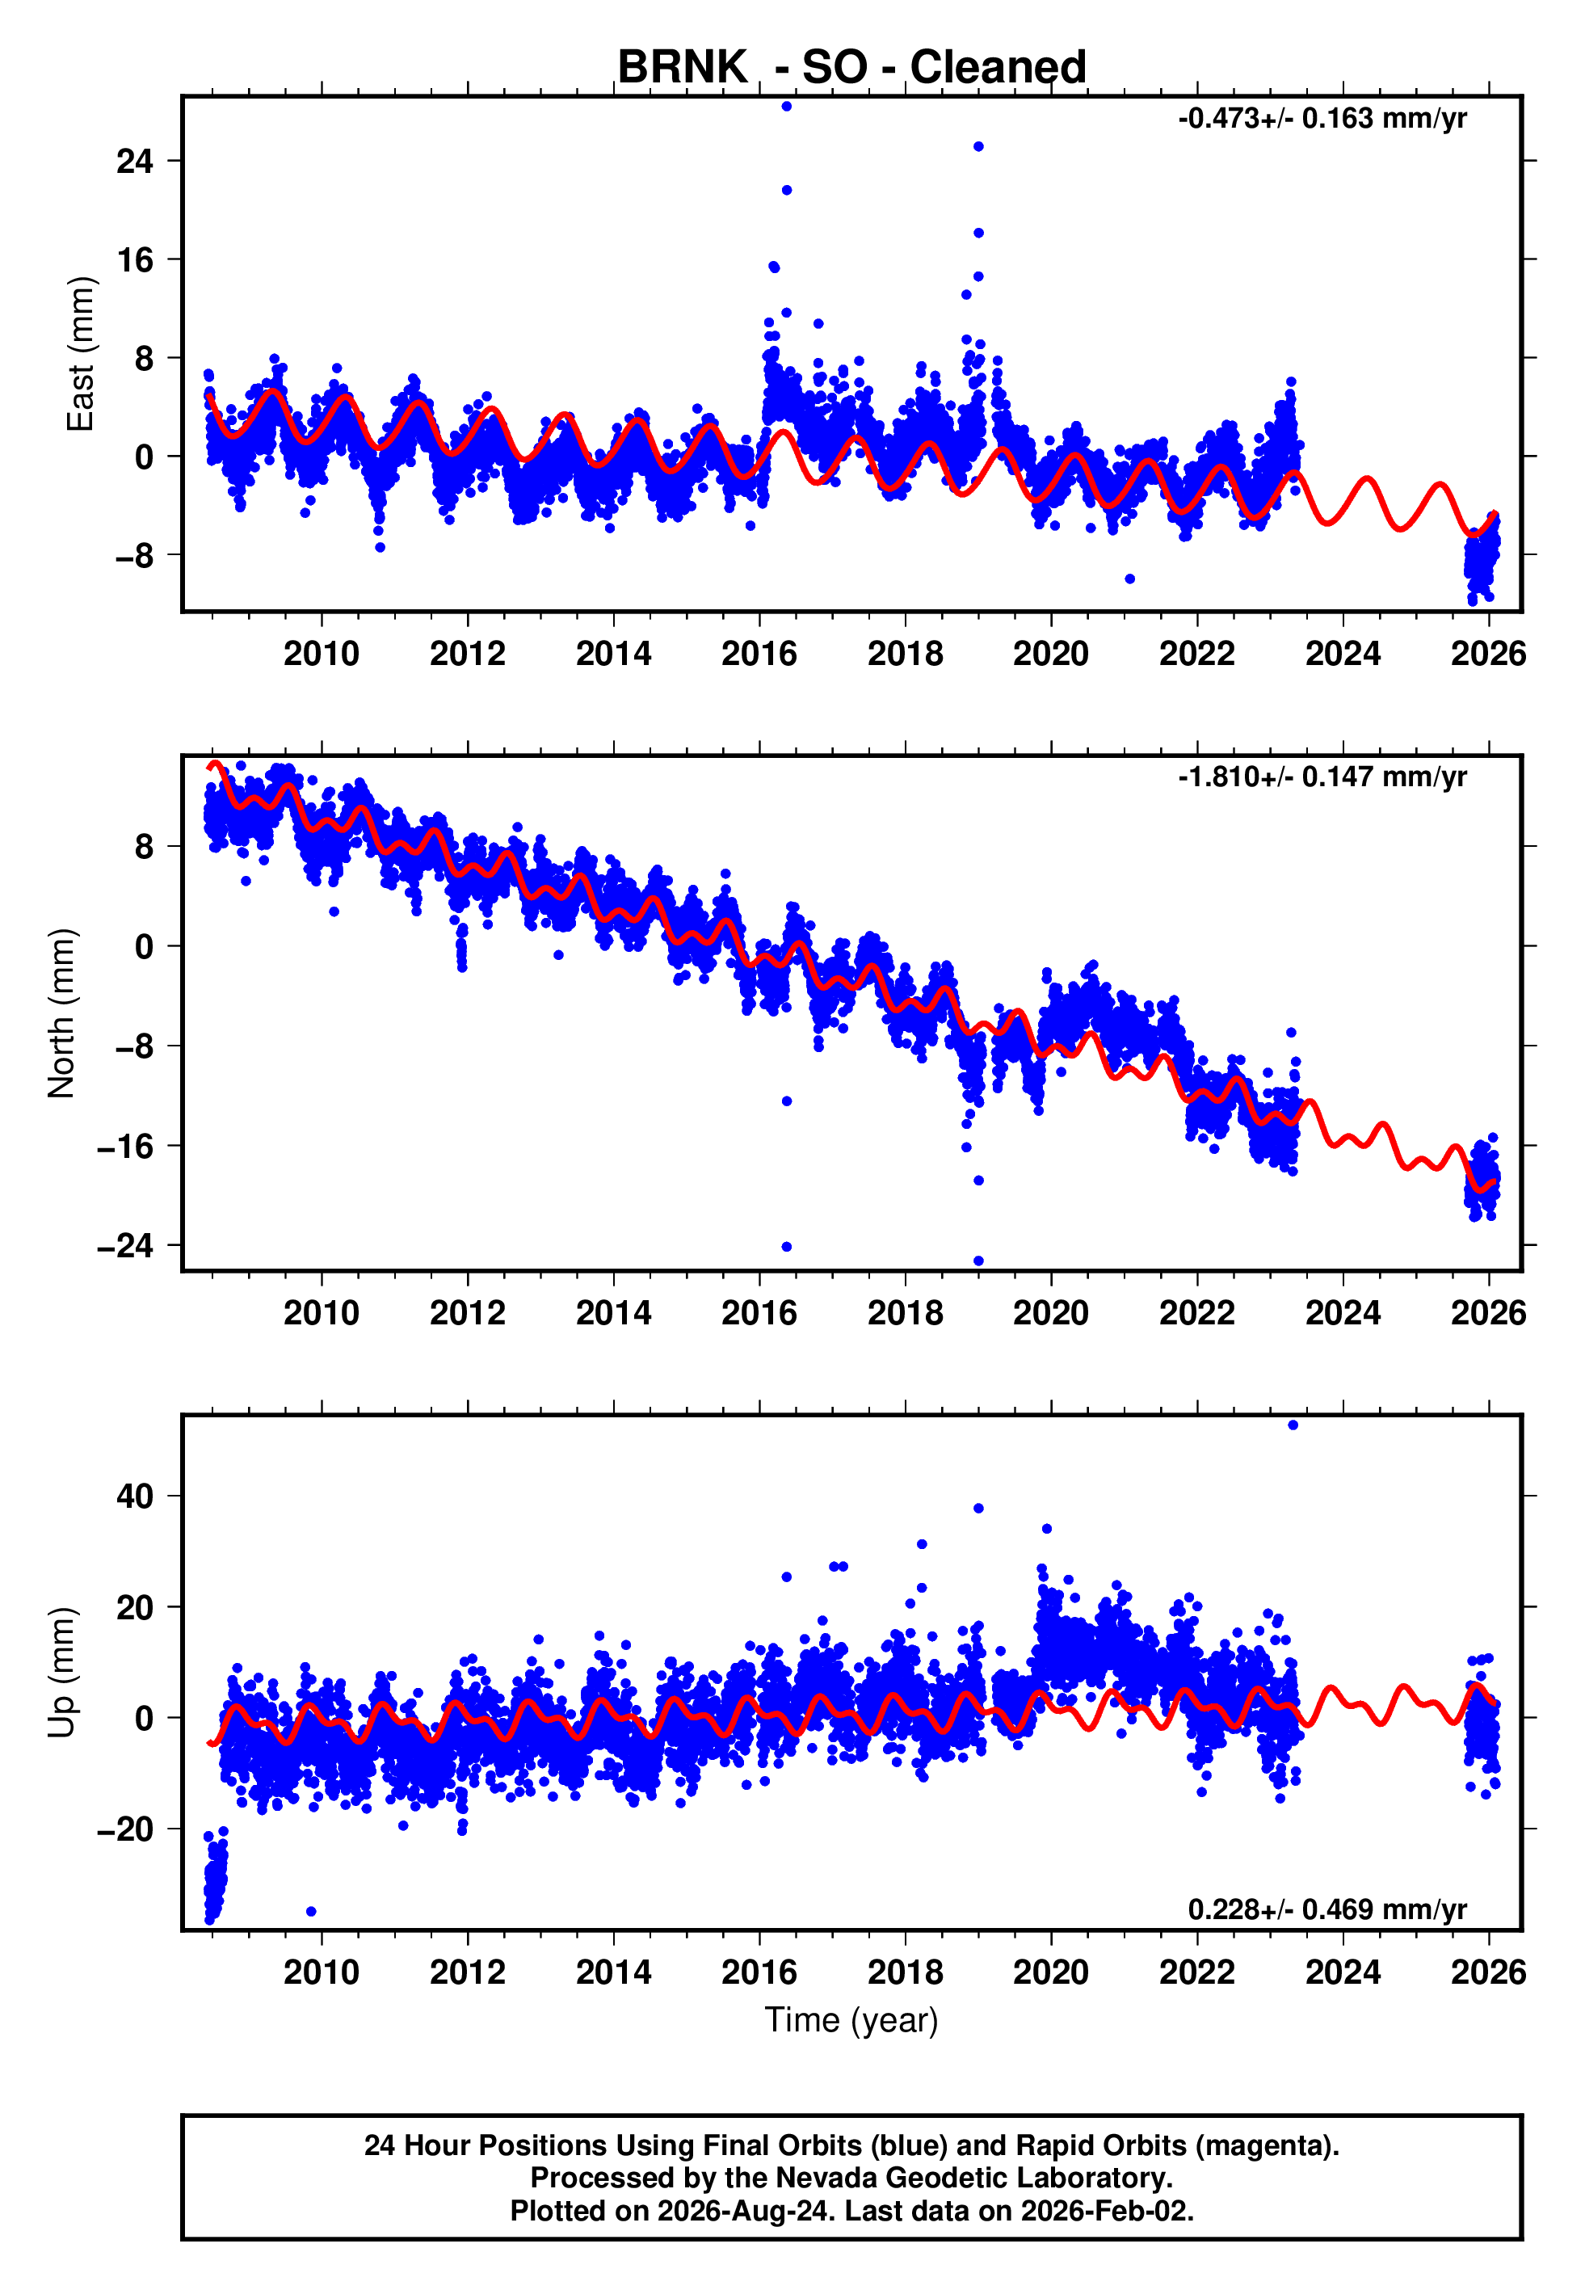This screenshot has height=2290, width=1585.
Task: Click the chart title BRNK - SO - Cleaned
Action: tap(851, 68)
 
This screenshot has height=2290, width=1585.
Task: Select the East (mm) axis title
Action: tap(79, 355)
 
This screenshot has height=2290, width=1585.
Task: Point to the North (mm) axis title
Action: tap(61, 1013)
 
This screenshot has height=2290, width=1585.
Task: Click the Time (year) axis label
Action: tap(851, 2020)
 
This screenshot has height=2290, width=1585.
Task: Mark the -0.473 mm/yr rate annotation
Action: tap(1322, 119)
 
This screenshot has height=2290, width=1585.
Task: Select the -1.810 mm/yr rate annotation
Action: tap(1322, 777)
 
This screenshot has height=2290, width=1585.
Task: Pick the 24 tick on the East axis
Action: tap(135, 161)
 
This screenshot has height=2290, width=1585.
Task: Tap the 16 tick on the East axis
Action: tap(135, 259)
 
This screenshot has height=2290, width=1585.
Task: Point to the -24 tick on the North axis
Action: tap(126, 1245)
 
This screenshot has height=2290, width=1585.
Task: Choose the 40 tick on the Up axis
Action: tap(135, 1496)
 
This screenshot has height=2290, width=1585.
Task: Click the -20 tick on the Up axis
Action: tap(126, 1829)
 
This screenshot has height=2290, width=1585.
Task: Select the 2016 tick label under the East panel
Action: tap(759, 654)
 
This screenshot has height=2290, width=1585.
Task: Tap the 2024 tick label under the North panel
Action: tap(1343, 1313)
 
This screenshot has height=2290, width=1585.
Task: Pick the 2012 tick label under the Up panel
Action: tap(468, 1972)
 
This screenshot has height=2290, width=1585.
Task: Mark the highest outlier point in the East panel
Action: tap(787, 106)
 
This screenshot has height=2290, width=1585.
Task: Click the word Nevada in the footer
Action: tap(824, 2178)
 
